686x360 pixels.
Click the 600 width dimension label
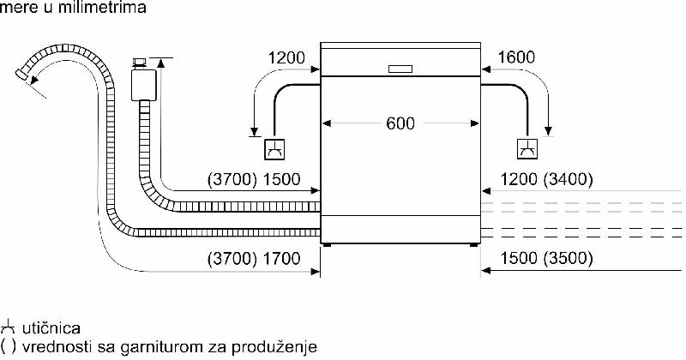(x=400, y=123)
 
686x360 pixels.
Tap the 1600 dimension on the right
(x=516, y=57)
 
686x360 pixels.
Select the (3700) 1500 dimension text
(x=254, y=179)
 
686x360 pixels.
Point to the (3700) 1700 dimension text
(x=254, y=259)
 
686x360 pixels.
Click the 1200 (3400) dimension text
(x=546, y=179)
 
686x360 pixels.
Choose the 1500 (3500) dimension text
(x=546, y=258)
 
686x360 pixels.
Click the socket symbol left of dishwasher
(x=274, y=149)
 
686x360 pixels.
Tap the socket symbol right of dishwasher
(x=527, y=149)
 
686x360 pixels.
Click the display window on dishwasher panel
(x=400, y=69)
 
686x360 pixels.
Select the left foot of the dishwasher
(x=327, y=245)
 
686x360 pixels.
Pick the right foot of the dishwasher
(x=474, y=245)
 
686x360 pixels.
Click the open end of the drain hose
(x=22, y=75)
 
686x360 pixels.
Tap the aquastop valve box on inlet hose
(x=143, y=84)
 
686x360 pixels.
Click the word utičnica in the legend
(x=51, y=328)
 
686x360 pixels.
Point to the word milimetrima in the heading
(x=101, y=8)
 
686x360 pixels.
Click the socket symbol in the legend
(x=9, y=327)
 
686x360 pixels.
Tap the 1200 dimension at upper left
(x=286, y=57)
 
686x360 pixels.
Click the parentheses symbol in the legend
(x=9, y=346)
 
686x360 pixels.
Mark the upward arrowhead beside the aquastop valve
(x=160, y=63)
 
